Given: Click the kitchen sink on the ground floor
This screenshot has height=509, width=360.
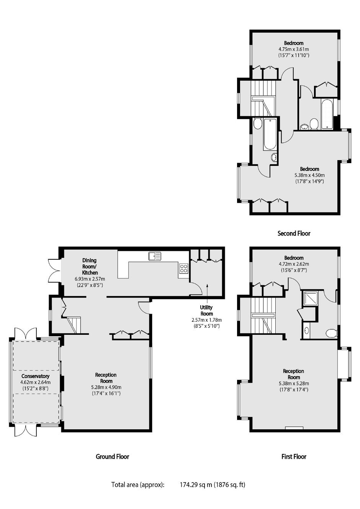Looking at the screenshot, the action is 155,256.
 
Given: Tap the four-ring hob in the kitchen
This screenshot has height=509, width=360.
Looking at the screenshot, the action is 184,268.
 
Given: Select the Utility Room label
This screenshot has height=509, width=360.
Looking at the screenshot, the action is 206,310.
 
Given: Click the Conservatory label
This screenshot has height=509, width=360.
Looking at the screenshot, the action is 36,376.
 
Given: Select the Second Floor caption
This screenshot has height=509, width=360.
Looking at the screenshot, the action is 294,233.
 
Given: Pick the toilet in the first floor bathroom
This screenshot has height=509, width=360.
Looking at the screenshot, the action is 332,333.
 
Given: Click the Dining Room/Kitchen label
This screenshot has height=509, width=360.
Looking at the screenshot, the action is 90,266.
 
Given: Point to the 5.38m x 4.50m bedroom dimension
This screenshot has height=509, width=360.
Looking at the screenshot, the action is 309,175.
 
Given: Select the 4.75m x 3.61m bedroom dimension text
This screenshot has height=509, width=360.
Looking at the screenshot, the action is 294,49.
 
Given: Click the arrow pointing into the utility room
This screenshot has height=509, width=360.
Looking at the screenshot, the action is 207,293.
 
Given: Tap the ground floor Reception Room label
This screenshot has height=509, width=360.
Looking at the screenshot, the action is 106,378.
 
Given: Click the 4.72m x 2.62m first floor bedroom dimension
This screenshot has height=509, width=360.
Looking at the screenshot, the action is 294,264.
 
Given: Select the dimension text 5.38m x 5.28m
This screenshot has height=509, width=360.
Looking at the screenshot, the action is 294,383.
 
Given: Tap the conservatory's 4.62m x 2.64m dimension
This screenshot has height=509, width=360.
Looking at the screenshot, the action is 36,383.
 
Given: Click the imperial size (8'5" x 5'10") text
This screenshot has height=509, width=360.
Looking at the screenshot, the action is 206,326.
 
